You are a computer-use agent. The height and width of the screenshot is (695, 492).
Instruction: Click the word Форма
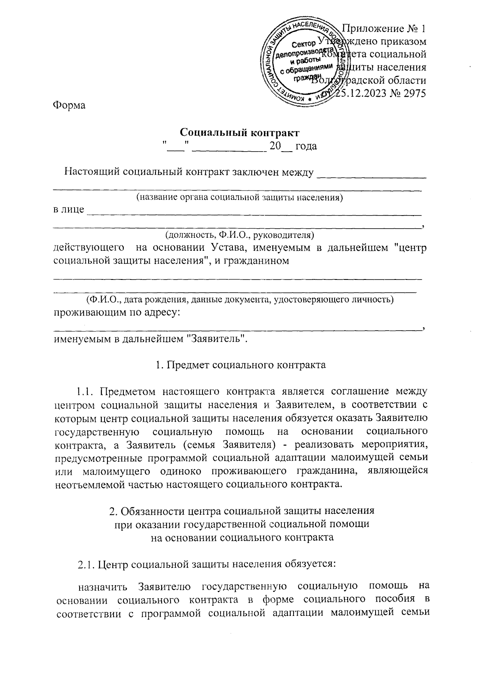(69, 105)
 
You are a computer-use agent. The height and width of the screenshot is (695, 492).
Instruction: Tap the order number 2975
(411, 93)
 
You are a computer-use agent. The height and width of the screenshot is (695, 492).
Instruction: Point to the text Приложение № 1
(384, 29)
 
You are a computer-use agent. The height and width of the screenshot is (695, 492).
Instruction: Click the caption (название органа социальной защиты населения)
(240, 198)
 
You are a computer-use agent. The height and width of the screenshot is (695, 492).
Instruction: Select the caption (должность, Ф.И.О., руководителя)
(239, 235)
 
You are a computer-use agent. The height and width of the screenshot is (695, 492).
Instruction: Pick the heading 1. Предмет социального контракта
(241, 365)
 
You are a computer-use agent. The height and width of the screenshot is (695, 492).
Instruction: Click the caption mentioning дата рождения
(240, 300)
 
